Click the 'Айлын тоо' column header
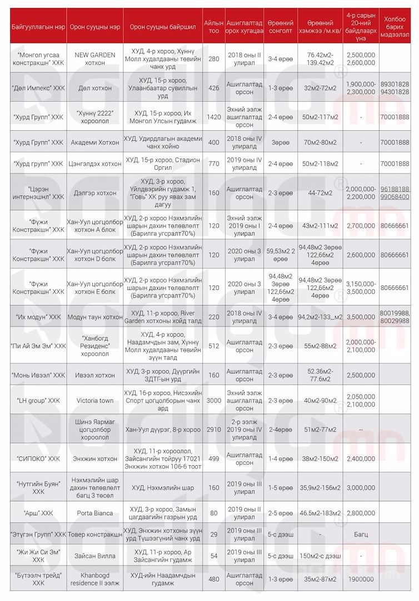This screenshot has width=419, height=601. point(213,26)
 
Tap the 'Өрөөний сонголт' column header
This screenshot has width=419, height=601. point(280,26)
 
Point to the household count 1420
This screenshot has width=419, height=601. point(213,117)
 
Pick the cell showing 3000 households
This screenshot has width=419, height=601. point(213,400)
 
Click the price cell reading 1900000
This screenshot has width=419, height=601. point(360,579)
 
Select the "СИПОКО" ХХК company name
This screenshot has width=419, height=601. point(38,459)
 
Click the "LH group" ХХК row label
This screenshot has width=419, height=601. point(38,400)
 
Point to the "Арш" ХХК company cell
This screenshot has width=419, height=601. point(38,513)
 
